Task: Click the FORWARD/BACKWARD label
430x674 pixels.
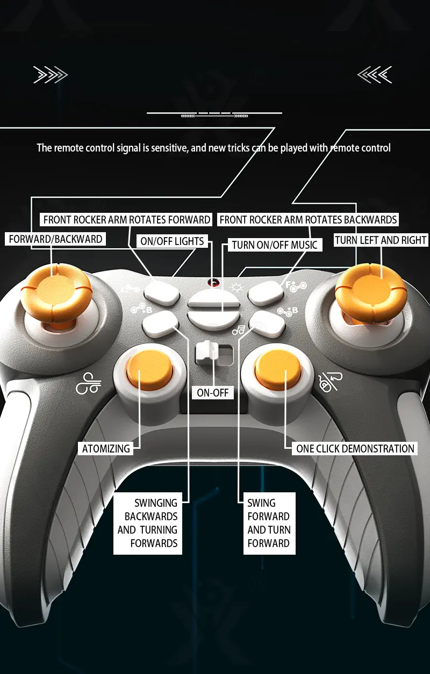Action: pyautogui.click(x=55, y=239)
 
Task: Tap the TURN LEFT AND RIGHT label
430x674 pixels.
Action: pyautogui.click(x=381, y=240)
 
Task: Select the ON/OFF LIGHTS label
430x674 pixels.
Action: pyautogui.click(x=172, y=241)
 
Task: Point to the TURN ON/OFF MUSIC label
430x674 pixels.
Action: pyautogui.click(x=275, y=245)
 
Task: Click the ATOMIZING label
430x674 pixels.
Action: pyautogui.click(x=106, y=449)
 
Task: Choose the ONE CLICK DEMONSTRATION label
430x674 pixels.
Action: pyautogui.click(x=355, y=449)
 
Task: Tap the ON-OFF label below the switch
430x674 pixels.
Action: pyautogui.click(x=213, y=393)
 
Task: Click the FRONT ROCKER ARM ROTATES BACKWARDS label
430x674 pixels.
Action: pyautogui.click(x=308, y=220)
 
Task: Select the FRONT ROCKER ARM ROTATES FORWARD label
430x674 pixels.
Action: pyautogui.click(x=126, y=220)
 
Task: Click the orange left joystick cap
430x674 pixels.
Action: pyautogui.click(x=56, y=290)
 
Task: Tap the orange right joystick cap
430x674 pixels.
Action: pyautogui.click(x=371, y=290)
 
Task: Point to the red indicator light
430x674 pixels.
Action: pyautogui.click(x=213, y=283)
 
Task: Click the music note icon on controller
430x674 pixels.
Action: pyautogui.click(x=239, y=331)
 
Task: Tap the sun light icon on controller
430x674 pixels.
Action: pyautogui.click(x=236, y=288)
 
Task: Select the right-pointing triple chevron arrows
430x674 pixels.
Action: pyautogui.click(x=51, y=75)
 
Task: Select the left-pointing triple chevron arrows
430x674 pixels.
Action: pyautogui.click(x=375, y=75)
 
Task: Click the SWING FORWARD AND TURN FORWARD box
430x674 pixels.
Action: pyautogui.click(x=269, y=524)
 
